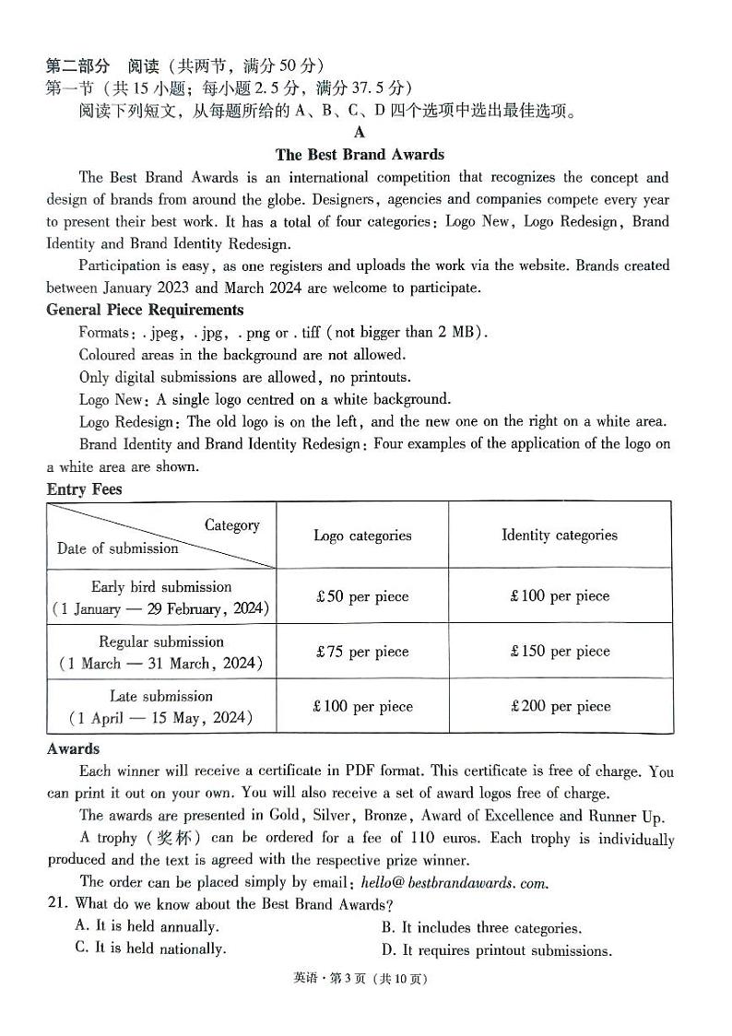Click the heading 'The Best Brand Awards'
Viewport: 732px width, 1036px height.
(360, 155)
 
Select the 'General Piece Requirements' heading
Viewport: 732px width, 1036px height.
(145, 310)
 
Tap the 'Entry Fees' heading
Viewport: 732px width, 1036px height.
(84, 489)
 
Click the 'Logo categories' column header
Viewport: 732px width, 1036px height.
(362, 536)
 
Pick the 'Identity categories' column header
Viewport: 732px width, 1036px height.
(559, 535)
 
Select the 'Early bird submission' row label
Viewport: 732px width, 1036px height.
(161, 587)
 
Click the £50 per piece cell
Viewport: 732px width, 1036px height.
(361, 596)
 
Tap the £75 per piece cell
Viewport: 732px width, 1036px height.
(361, 652)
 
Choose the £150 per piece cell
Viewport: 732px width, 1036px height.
(560, 652)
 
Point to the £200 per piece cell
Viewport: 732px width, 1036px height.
(560, 707)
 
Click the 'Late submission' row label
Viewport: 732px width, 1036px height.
(160, 697)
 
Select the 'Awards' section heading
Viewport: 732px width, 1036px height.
(73, 749)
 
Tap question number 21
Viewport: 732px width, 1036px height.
(58, 904)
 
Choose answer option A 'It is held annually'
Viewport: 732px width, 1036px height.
(147, 926)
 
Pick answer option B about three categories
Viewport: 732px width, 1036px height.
(481, 928)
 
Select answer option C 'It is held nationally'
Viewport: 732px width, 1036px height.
(150, 948)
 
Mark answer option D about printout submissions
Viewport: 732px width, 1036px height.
(496, 950)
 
